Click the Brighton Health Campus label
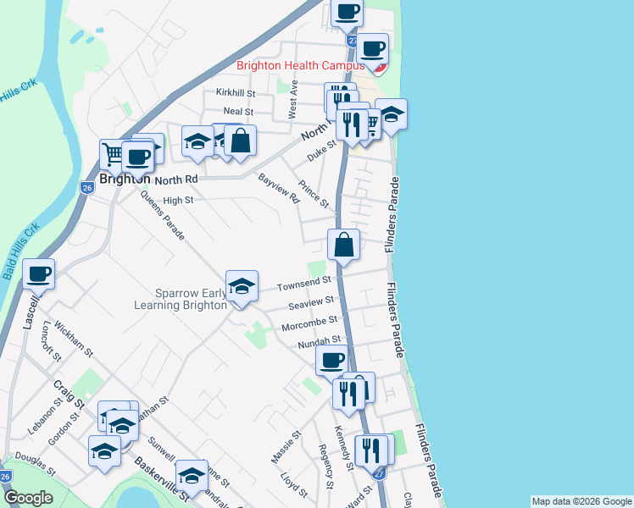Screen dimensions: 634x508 300,65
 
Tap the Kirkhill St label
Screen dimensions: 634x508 235,92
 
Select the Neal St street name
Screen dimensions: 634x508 238,112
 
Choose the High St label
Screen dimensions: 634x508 178,201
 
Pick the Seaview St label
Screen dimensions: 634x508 311,303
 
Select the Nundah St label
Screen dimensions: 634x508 318,342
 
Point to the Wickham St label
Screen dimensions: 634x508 73,334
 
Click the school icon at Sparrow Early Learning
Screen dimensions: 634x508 242,286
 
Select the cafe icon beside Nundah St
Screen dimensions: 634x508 331,361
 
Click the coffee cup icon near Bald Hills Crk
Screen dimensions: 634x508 39,273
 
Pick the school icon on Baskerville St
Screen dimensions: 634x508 192,476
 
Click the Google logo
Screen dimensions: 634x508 27,498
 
